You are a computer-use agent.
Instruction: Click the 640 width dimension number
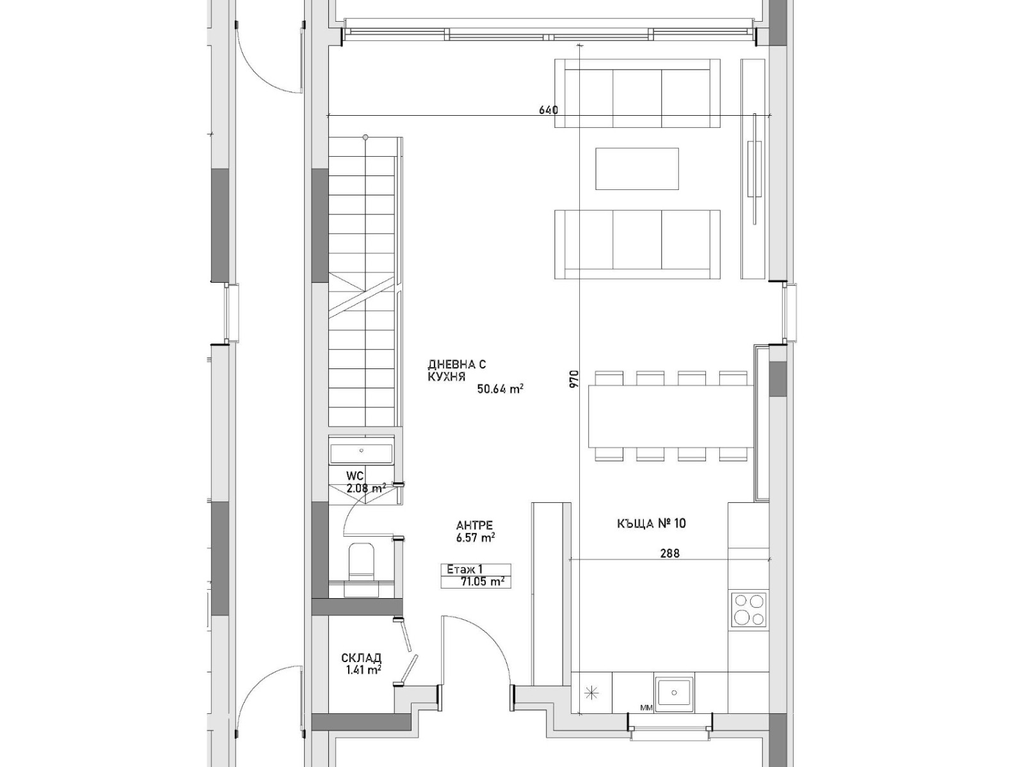click(548, 110)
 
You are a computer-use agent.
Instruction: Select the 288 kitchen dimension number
click(670, 553)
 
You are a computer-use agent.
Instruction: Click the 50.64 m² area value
click(500, 389)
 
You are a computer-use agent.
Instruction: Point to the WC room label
click(355, 476)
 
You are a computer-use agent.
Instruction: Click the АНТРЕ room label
click(474, 526)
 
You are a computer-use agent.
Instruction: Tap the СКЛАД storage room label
click(362, 658)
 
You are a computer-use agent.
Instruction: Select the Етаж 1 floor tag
click(464, 569)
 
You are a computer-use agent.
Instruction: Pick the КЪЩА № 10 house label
click(652, 524)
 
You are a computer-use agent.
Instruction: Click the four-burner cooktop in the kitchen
click(749, 610)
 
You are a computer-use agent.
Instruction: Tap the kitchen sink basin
click(674, 693)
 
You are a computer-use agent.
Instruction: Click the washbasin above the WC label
click(361, 450)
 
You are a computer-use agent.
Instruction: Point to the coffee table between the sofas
click(637, 169)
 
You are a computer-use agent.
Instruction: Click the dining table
click(671, 416)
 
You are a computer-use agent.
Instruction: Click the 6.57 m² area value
click(476, 537)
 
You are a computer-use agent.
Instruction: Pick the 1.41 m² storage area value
click(362, 670)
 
